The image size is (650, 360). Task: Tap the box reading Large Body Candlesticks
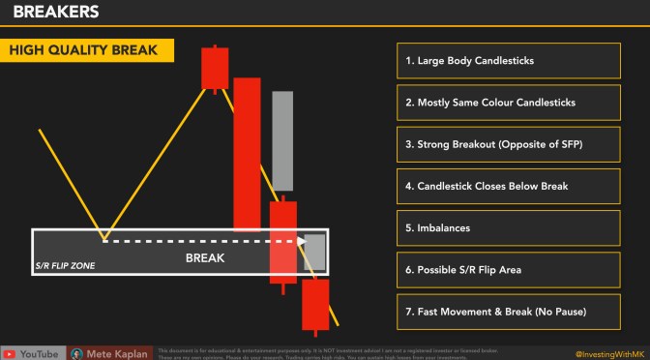[x=507, y=61]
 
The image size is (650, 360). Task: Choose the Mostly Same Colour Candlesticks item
[x=507, y=103]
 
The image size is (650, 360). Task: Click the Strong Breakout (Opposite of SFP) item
[x=507, y=144]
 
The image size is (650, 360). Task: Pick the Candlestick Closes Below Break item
[x=507, y=186]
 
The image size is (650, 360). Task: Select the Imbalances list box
[x=507, y=227]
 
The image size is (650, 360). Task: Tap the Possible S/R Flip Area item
[x=507, y=269]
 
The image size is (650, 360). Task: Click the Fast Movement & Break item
[x=507, y=311]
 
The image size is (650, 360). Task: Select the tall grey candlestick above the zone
[x=282, y=140]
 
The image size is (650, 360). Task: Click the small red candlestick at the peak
[x=214, y=68]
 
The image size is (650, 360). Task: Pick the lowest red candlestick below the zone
[x=315, y=304]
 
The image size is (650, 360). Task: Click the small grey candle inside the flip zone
[x=315, y=252]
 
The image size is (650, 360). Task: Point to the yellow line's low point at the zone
[x=104, y=237]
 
